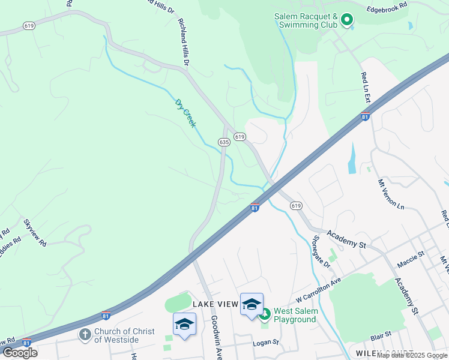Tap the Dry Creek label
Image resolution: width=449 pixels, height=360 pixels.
tap(185, 112)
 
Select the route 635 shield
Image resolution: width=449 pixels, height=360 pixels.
tap(224, 142)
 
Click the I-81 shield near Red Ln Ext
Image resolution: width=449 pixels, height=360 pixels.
tap(365, 117)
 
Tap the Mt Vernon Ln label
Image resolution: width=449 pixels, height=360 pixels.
tap(391, 194)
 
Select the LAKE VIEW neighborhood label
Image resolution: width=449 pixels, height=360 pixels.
tap(215, 304)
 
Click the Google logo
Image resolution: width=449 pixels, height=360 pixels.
tap(20, 353)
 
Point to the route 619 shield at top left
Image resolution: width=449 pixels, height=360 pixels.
tap(28, 26)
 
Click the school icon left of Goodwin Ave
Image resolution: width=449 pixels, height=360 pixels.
tap(184, 325)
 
